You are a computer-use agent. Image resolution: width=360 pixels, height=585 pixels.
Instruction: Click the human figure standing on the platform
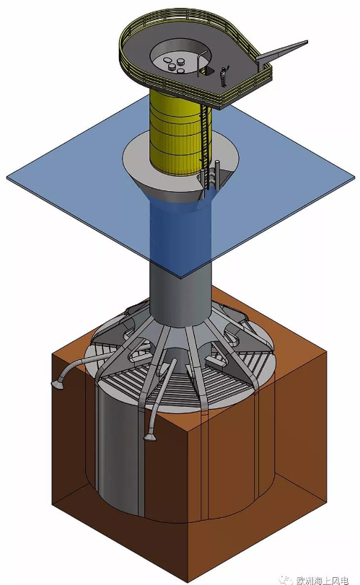coord(224,76)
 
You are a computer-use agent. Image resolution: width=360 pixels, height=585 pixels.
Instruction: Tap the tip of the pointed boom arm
coord(307,41)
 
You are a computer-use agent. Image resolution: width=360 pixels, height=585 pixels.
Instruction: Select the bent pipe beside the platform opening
coord(201,62)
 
